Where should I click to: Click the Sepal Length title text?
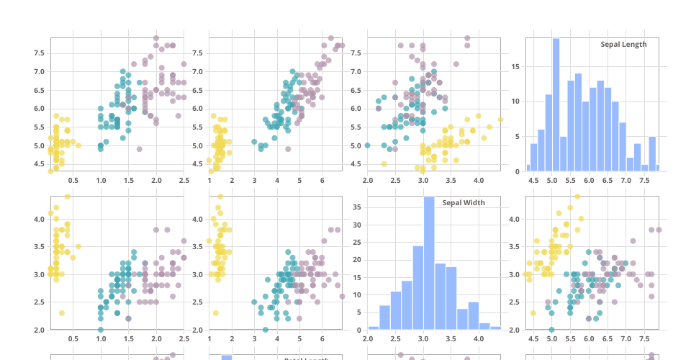tap(623, 44)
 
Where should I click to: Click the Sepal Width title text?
tap(463, 202)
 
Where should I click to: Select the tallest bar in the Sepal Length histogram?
tap(556, 105)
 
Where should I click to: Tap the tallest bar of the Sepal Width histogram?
tap(429, 263)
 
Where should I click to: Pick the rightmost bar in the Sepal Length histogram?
tap(657, 168)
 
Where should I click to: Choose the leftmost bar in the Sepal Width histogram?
tap(374, 328)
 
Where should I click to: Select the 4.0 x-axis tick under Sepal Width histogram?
tap(479, 338)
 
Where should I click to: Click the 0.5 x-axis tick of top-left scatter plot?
tap(73, 180)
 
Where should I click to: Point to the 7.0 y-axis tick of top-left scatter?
tap(39, 71)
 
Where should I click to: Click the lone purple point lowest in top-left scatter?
tap(140, 149)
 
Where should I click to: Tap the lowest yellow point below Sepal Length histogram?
tap(533, 312)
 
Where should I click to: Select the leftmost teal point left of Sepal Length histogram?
tap(367, 145)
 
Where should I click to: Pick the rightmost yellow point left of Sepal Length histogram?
tap(500, 120)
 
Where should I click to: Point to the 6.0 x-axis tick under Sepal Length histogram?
tap(589, 180)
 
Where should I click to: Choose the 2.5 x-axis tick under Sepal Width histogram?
tap(395, 338)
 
